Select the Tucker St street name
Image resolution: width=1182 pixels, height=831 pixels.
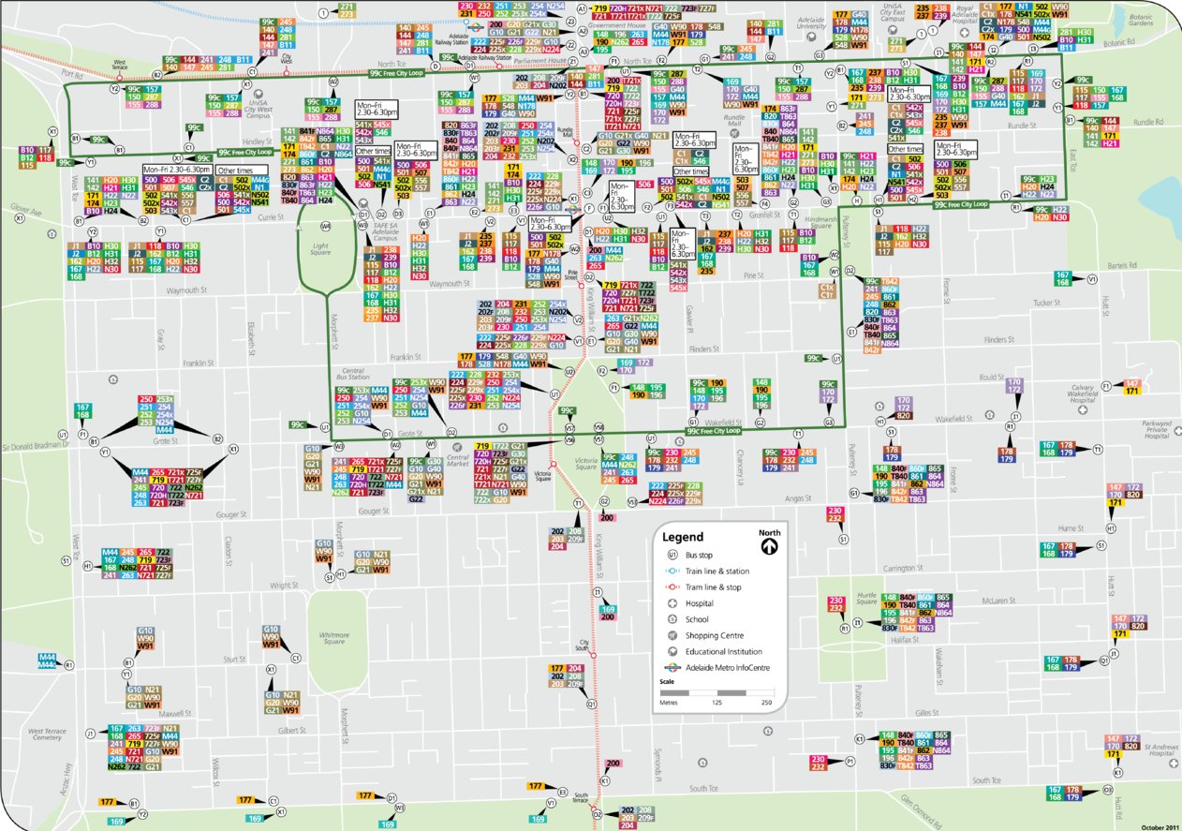click(x=1044, y=303)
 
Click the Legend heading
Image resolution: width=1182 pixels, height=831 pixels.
click(x=682, y=537)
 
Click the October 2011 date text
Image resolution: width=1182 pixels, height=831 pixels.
click(x=1160, y=826)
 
